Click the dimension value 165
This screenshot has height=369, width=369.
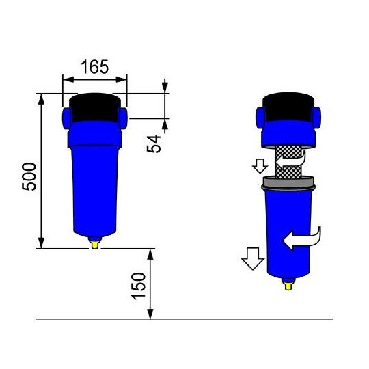pyautogui.click(x=95, y=67)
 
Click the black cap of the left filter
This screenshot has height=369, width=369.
pyautogui.click(x=95, y=106)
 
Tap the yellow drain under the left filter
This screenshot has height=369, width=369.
pyautogui.click(x=96, y=242)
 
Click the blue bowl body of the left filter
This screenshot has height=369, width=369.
pyautogui.click(x=95, y=184)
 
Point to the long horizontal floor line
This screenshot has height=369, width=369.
pyautogui.click(x=184, y=320)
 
